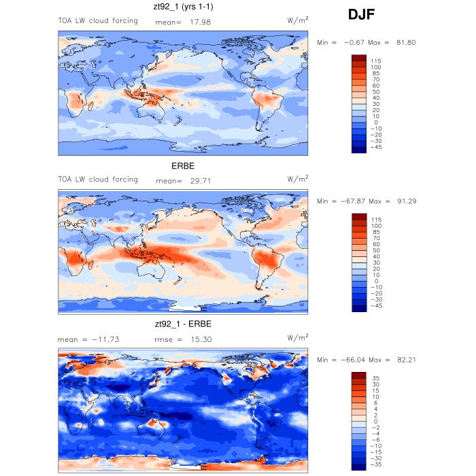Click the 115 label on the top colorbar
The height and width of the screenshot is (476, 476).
click(x=375, y=61)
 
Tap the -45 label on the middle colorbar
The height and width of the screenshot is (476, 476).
click(x=376, y=305)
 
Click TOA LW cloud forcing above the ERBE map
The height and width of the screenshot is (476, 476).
click(x=98, y=180)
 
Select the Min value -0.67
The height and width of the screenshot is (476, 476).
click(x=354, y=43)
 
